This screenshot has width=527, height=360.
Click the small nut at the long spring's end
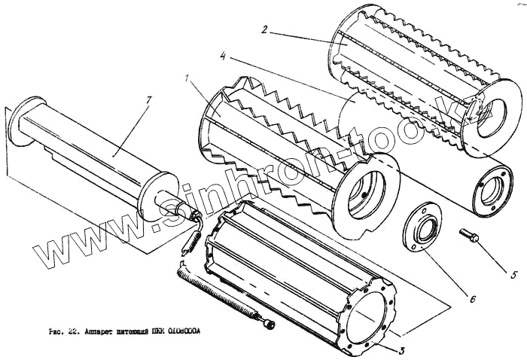[267, 324]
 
